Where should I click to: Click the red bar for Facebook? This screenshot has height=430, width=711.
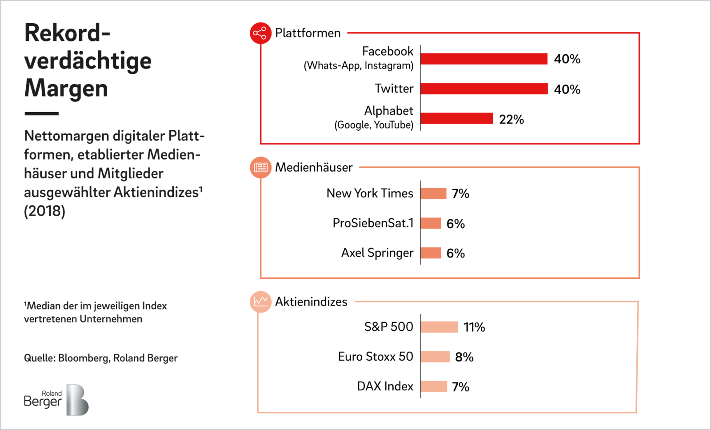484,59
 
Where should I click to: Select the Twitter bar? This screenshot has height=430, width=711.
484,88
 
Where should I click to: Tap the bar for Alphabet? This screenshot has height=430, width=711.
457,118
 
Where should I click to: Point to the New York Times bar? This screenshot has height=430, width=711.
434,193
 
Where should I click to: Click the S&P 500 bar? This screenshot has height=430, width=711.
439,327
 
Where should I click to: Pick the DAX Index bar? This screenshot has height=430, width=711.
434,386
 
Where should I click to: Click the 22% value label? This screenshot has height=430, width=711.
511,120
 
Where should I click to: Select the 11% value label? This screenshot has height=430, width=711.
474,327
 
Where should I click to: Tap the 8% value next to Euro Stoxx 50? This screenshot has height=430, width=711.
464,357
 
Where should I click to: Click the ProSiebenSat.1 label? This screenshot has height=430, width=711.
373,223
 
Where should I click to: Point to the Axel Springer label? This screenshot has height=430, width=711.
377,253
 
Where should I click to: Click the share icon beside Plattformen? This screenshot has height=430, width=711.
260,33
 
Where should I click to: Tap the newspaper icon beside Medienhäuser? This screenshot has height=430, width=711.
260,167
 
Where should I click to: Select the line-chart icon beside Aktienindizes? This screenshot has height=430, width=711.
260,301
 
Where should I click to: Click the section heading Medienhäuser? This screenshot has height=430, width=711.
314,167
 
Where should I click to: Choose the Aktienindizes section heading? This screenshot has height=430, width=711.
311,301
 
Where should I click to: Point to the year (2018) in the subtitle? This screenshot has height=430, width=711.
44,211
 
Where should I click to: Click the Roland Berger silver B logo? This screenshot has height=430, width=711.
77,400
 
